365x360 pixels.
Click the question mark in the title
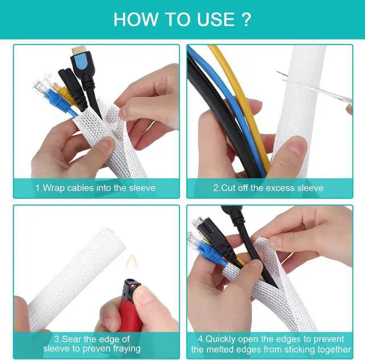tap(246, 19)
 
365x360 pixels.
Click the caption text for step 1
tap(95, 187)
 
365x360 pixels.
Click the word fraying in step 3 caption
tap(124, 348)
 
